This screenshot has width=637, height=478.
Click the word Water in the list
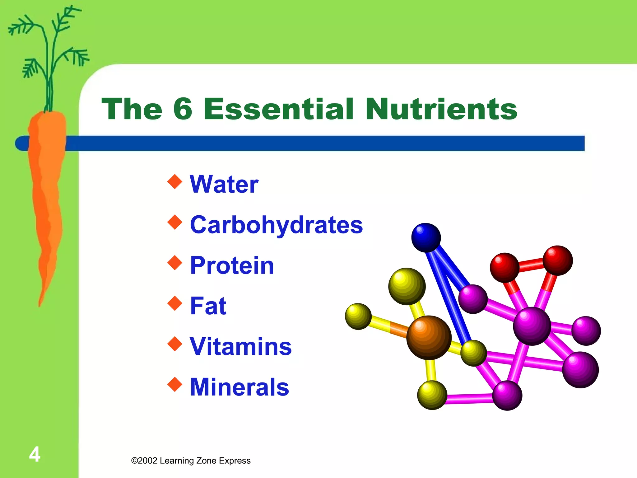[224, 184]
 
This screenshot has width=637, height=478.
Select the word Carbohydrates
[276, 225]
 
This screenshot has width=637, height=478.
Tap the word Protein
[232, 265]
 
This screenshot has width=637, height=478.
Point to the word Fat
[208, 306]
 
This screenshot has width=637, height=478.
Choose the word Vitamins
[241, 346]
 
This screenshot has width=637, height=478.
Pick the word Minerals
[239, 387]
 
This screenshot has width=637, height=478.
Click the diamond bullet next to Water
[175, 181]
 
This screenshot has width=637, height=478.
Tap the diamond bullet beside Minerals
[175, 384]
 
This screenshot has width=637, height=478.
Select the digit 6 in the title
[183, 109]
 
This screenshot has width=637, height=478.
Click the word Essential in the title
[278, 109]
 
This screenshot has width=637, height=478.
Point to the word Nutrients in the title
[441, 109]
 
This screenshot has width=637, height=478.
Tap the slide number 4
[35, 454]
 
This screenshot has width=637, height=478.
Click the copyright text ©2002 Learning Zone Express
[191, 461]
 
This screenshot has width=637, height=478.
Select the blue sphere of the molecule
[426, 237]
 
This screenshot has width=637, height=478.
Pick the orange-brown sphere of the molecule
[429, 337]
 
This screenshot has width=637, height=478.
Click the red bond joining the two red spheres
[531, 265]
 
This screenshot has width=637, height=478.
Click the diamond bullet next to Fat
[175, 303]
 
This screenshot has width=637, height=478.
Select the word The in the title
[132, 109]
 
